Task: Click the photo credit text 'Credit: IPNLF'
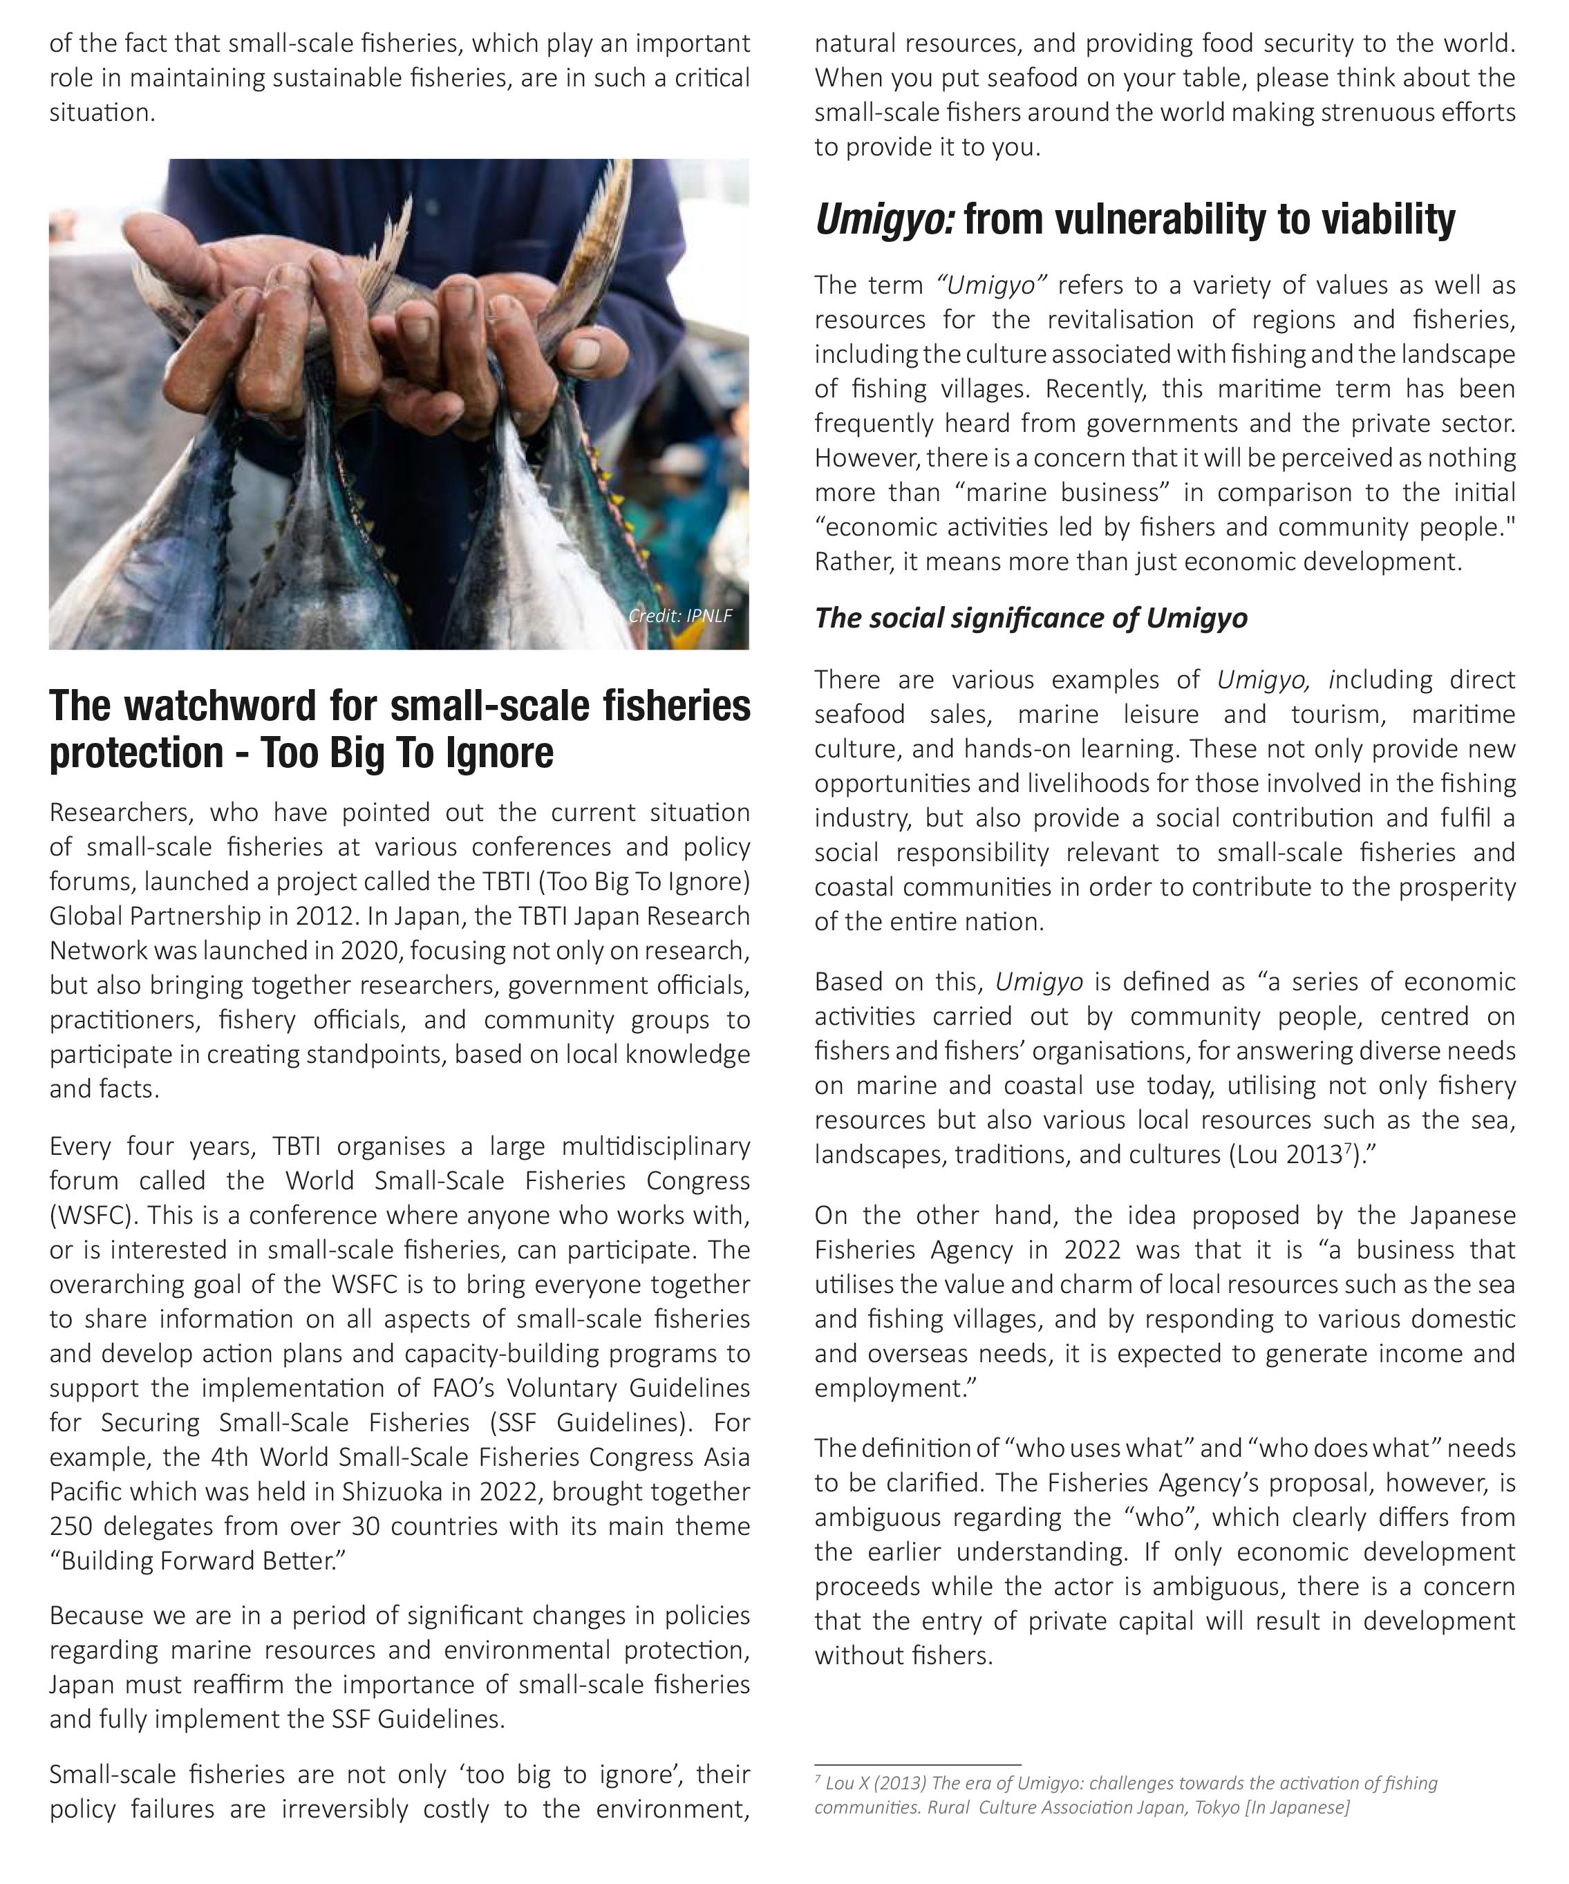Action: [x=680, y=615]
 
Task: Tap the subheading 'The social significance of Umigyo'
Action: [x=1031, y=618]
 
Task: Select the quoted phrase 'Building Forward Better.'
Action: [x=198, y=1561]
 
